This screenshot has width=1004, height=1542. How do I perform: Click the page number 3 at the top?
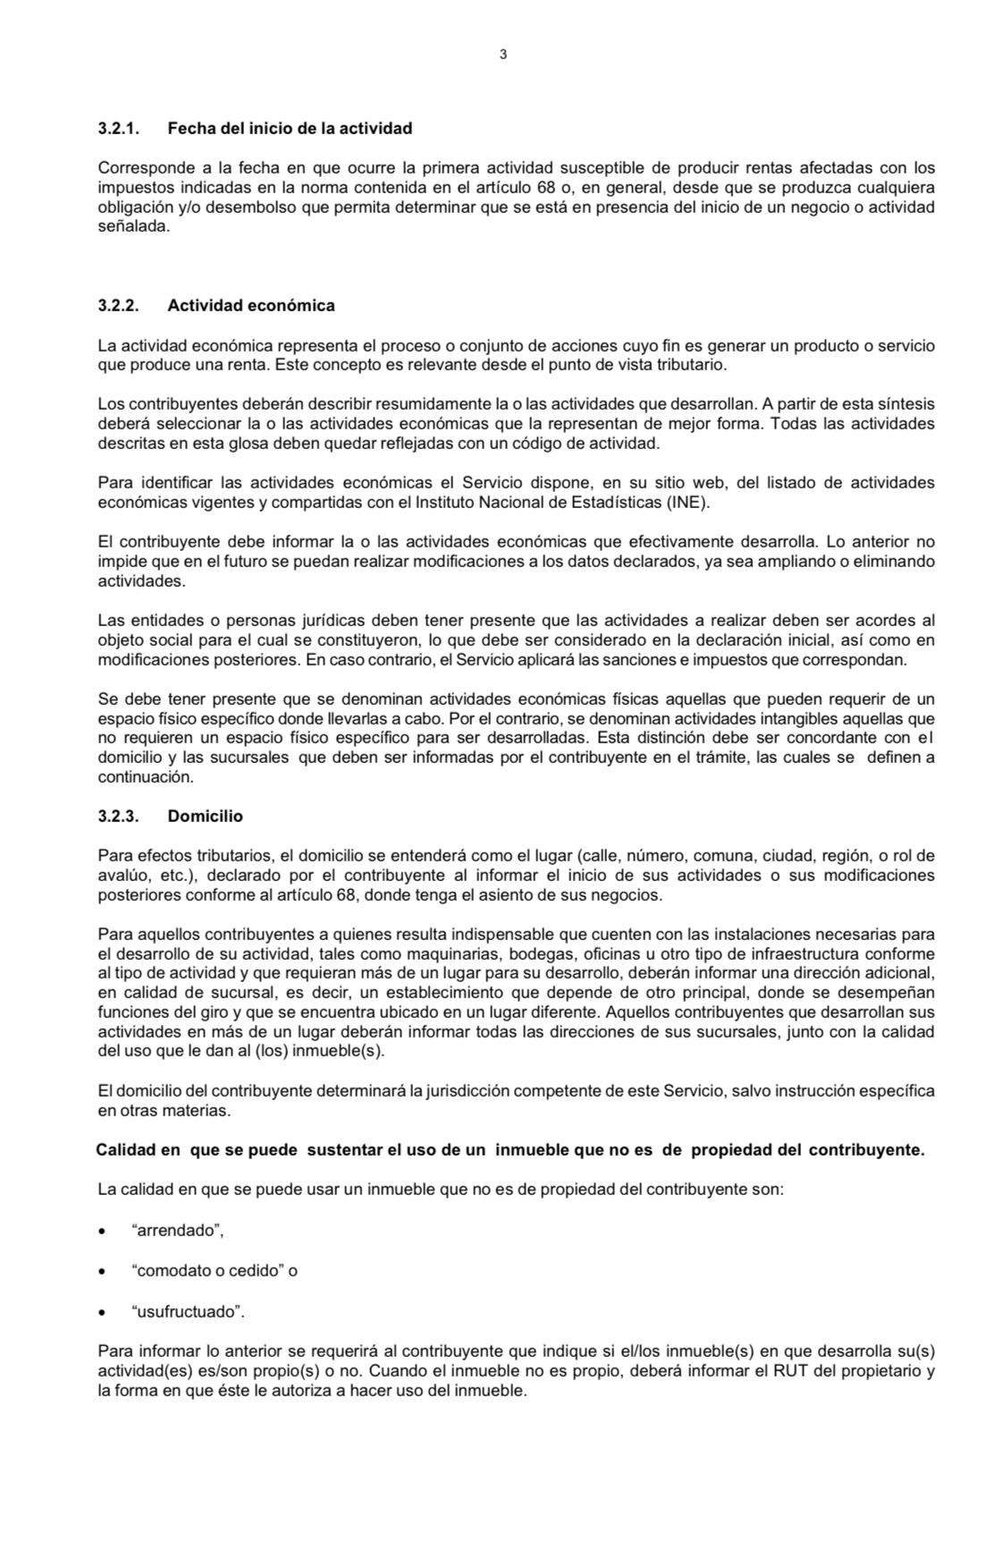tap(502, 55)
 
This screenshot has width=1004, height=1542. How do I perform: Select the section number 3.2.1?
tap(119, 129)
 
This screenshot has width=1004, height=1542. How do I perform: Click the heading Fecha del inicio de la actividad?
tap(290, 129)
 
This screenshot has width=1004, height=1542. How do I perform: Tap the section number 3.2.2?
tap(119, 306)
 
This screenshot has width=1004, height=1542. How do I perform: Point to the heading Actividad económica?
tap(251, 306)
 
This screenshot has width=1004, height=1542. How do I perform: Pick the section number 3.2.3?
tap(119, 817)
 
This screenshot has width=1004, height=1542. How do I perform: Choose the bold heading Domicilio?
tap(205, 817)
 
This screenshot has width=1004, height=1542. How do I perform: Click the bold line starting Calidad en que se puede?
tap(510, 1150)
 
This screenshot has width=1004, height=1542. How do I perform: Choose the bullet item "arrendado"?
tap(177, 1231)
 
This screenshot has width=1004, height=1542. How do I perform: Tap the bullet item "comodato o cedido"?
tap(215, 1271)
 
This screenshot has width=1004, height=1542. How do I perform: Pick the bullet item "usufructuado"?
tap(188, 1312)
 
